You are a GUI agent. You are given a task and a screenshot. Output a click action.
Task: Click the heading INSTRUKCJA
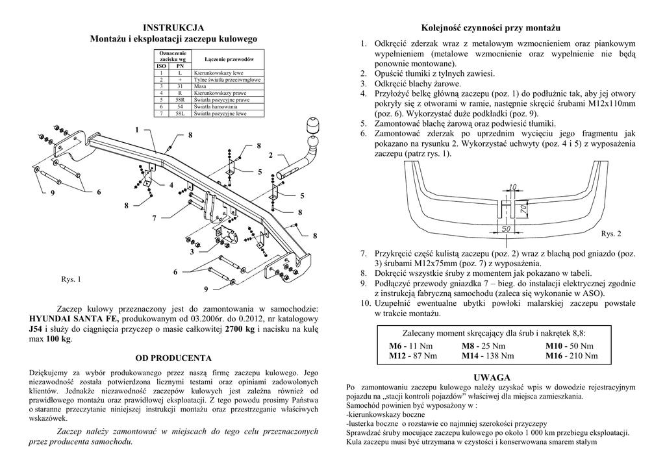point(173,28)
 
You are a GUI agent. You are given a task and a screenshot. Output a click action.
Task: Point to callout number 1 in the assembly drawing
point(138,130)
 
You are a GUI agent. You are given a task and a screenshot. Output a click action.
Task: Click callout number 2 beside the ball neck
point(270,155)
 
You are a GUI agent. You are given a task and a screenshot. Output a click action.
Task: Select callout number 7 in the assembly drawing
point(154,218)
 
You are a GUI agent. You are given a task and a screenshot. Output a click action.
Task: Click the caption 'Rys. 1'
point(71,280)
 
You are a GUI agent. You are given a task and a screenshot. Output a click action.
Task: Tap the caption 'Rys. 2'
point(611,233)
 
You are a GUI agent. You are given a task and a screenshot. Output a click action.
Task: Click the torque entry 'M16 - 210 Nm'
point(571,356)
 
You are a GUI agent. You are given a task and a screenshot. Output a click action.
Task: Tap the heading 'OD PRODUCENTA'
point(173,358)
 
